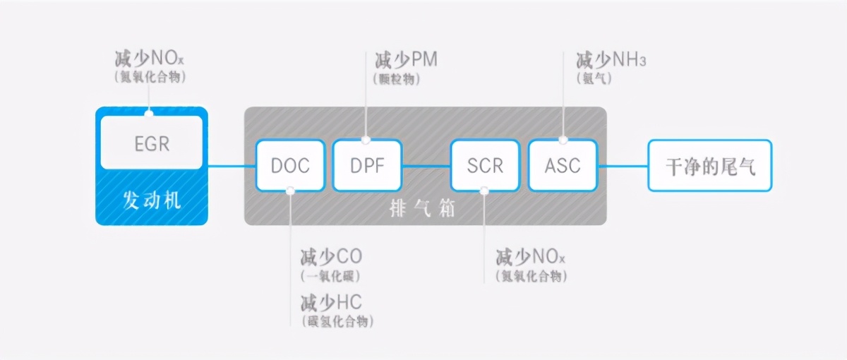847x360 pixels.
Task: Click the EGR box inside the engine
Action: point(152,143)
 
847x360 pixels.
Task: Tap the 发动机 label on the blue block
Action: point(152,200)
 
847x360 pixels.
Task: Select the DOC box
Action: point(290,165)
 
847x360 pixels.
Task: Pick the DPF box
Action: point(367,165)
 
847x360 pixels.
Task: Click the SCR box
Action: point(485,165)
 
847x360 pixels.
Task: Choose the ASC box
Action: point(563,165)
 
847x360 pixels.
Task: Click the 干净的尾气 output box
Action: point(710,166)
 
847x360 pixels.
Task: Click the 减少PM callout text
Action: point(406,59)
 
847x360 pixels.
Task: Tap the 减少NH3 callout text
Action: point(611,59)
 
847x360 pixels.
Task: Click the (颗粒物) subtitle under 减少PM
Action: point(396,79)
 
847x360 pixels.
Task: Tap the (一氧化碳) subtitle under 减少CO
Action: point(330,276)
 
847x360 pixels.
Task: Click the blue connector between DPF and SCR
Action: point(426,166)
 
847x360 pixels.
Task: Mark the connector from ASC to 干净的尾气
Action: point(623,166)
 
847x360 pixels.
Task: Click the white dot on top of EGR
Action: point(149,112)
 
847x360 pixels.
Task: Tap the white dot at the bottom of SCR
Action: point(484,190)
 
